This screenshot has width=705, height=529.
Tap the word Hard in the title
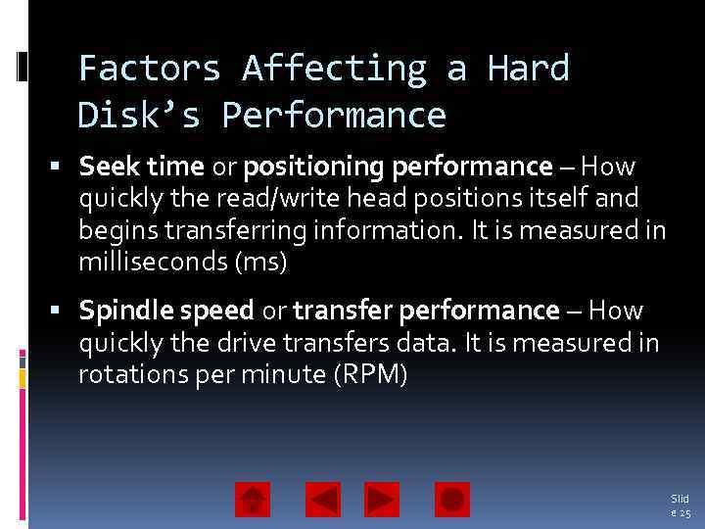[x=529, y=69]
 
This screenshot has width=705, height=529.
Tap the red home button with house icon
[x=253, y=500]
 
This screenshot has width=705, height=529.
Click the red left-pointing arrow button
[x=323, y=500]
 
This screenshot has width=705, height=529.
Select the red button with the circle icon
[x=452, y=500]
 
